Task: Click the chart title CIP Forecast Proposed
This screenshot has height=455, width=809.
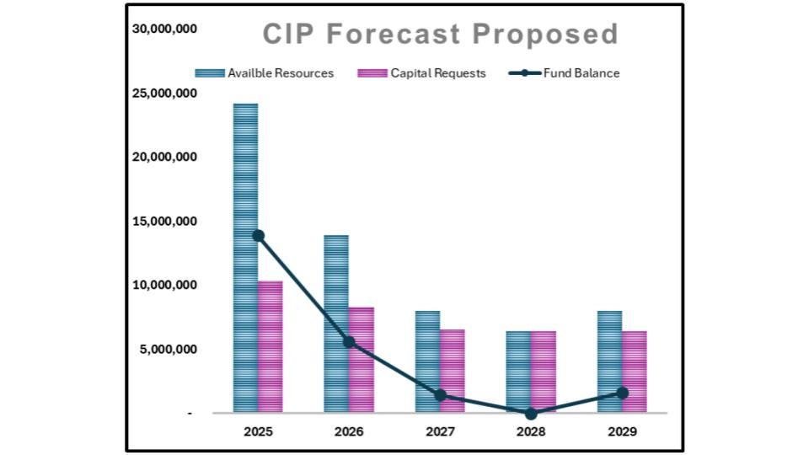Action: click(440, 35)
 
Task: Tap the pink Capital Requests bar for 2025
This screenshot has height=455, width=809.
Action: click(270, 346)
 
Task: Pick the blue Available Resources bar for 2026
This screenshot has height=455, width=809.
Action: click(336, 324)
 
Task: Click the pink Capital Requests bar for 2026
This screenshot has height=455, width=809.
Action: click(361, 360)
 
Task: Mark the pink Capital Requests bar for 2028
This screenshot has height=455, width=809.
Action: click(543, 372)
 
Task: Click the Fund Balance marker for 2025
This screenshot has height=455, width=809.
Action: click(258, 236)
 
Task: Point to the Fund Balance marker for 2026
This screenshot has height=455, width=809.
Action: click(349, 342)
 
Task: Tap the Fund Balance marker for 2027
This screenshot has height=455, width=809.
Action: click(440, 395)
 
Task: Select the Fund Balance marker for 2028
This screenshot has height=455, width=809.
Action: click(531, 414)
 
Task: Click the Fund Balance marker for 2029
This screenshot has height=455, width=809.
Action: click(622, 393)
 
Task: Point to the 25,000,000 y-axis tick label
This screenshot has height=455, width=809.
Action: click(165, 94)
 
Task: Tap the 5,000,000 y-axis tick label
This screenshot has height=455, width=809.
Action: click(169, 349)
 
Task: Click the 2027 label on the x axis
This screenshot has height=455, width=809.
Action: click(440, 431)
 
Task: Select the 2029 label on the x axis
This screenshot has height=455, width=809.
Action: click(622, 431)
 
